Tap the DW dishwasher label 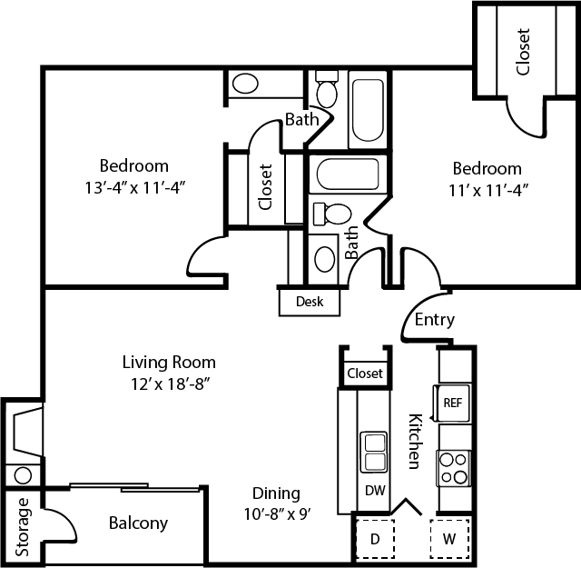tap(374, 490)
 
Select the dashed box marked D tap(373, 538)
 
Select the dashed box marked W tap(448, 538)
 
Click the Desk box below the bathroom tap(308, 301)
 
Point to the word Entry tap(434, 320)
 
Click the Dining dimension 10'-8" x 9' tap(276, 514)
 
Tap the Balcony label tap(138, 523)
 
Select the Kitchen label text tap(414, 442)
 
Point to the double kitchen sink tap(374, 453)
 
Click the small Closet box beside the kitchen tap(364, 373)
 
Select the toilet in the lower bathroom tap(332, 214)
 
